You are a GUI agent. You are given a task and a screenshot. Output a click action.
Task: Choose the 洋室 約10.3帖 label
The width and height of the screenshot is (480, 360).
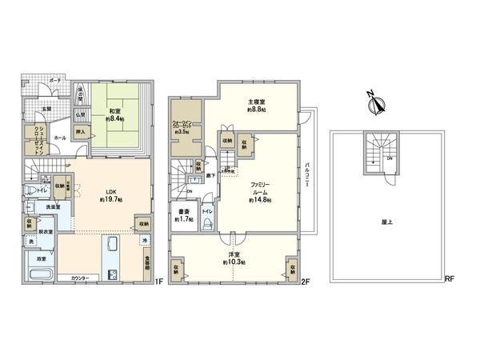(x=234, y=259)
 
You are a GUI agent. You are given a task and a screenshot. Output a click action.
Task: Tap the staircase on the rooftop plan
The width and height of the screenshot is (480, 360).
(x=374, y=153)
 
